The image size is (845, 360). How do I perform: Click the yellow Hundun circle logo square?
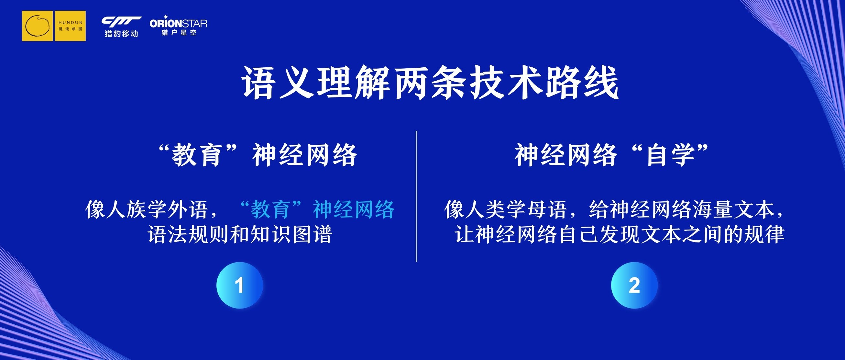click(x=38, y=26)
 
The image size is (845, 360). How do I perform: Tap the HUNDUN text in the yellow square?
click(x=71, y=22)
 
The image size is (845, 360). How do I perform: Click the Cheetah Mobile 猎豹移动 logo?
click(x=121, y=27)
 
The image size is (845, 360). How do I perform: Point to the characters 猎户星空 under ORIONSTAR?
click(x=179, y=32)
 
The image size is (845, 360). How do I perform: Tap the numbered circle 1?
click(x=239, y=285)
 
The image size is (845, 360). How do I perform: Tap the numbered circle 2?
click(x=634, y=285)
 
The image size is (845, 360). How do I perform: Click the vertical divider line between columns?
click(x=416, y=196)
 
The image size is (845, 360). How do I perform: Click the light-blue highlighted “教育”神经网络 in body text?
click(x=317, y=209)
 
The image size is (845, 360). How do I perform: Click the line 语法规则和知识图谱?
click(x=240, y=234)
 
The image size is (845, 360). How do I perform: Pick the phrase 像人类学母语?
click(x=506, y=209)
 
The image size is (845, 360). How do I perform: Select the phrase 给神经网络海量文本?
click(x=682, y=209)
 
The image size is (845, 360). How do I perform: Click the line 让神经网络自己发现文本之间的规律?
click(x=619, y=234)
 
